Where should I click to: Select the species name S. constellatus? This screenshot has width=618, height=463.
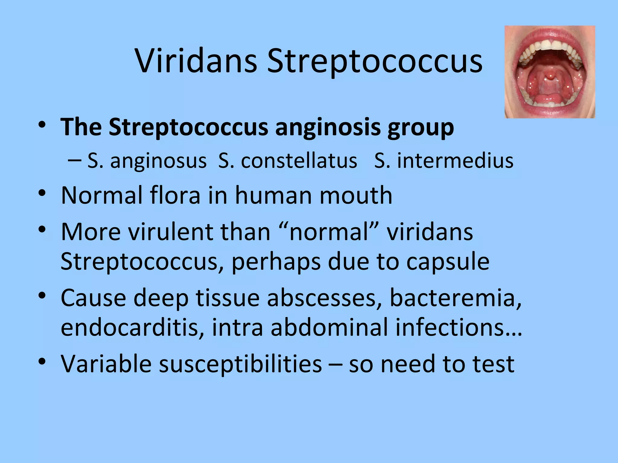click(x=287, y=161)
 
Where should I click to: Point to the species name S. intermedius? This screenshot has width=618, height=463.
click(x=444, y=161)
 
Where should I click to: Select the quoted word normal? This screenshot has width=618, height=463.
click(x=329, y=232)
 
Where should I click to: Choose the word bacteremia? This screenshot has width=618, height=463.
click(x=455, y=298)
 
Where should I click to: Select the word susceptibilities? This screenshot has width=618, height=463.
click(x=240, y=364)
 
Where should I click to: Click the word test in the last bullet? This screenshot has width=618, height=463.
click(x=493, y=364)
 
